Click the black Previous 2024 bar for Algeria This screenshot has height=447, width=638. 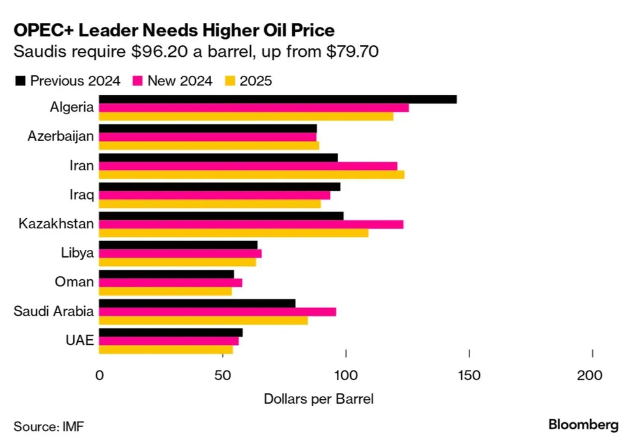278,99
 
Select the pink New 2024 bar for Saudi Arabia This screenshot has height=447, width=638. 218,311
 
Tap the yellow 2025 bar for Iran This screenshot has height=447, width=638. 251,175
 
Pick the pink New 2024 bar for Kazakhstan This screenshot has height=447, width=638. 251,224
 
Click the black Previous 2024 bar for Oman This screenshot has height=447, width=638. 167,274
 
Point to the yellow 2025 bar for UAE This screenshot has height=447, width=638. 166,349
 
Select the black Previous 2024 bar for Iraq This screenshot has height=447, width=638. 219,187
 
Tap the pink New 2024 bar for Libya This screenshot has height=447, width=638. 180,253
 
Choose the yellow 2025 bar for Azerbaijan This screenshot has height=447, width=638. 209,145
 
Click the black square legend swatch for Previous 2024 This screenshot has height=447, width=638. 20,81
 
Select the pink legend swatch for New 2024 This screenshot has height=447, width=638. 137,81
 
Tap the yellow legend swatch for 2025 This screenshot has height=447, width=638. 230,81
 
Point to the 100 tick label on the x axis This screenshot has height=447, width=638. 346,376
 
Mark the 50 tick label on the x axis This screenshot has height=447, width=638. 223,376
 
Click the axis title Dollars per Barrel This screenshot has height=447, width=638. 318,399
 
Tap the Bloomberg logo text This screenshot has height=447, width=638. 583,425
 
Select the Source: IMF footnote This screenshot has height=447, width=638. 48,425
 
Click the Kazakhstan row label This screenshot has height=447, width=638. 56,224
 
